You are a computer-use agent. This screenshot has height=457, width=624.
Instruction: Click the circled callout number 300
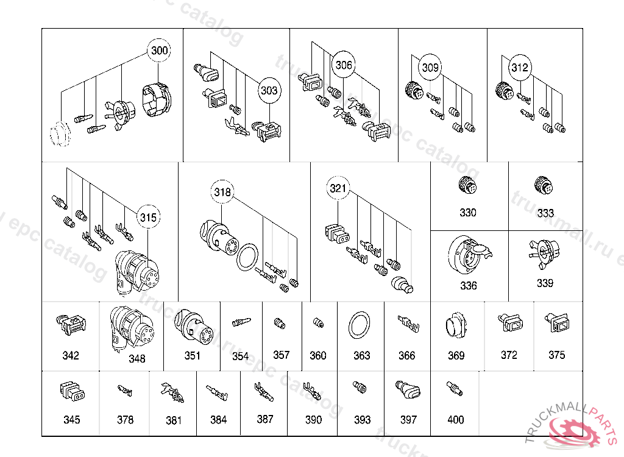(x=160, y=51)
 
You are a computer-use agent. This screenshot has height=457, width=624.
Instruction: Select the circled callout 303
(x=269, y=90)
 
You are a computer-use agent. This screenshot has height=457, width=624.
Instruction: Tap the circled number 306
(x=344, y=65)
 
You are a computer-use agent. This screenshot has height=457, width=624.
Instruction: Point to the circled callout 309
(x=430, y=68)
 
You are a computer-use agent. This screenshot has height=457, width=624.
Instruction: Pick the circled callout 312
(x=519, y=68)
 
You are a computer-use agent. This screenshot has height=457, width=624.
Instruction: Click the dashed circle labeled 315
(x=148, y=217)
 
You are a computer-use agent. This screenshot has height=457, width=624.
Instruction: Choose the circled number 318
(x=222, y=193)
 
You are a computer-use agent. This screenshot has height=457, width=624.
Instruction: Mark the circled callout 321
(x=338, y=188)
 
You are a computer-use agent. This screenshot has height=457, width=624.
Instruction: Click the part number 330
(x=468, y=213)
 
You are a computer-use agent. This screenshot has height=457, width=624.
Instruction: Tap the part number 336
(x=468, y=286)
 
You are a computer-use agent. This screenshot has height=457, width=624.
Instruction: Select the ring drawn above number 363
(x=361, y=325)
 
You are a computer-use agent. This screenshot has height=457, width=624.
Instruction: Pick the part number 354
(x=241, y=356)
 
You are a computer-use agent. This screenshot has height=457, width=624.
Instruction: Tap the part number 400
(x=455, y=419)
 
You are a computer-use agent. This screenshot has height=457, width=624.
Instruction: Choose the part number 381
(x=174, y=420)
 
